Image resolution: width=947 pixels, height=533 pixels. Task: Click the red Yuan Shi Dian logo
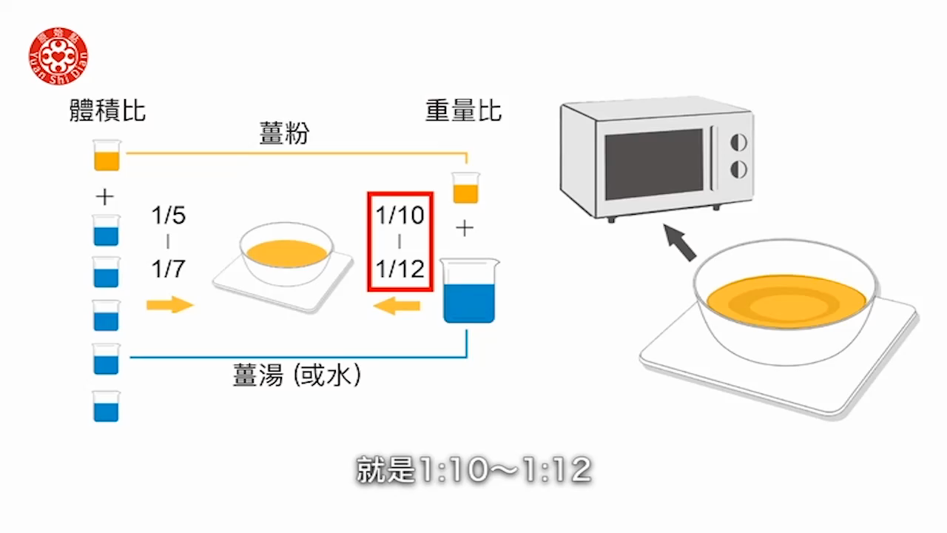pyautogui.click(x=58, y=56)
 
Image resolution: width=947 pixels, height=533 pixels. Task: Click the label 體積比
pyautogui.click(x=107, y=111)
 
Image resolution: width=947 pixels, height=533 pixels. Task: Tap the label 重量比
pyautogui.click(x=463, y=111)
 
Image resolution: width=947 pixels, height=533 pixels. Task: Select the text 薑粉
pyautogui.click(x=285, y=135)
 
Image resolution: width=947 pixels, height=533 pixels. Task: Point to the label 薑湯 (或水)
pyautogui.click(x=297, y=376)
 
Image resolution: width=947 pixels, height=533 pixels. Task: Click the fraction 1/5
pyautogui.click(x=169, y=216)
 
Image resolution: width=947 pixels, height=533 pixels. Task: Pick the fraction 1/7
pyautogui.click(x=169, y=269)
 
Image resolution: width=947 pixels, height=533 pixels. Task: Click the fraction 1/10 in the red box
pyautogui.click(x=400, y=215)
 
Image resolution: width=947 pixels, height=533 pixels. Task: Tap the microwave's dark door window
pyautogui.click(x=653, y=164)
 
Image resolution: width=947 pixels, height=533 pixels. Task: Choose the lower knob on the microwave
pyautogui.click(x=738, y=170)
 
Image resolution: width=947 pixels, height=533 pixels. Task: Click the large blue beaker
pyautogui.click(x=469, y=292)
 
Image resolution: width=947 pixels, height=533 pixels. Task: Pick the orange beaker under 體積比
pyautogui.click(x=107, y=155)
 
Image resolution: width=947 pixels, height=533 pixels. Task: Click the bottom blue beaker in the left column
pyautogui.click(x=107, y=406)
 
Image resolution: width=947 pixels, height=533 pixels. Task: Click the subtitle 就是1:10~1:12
pyautogui.click(x=473, y=470)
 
